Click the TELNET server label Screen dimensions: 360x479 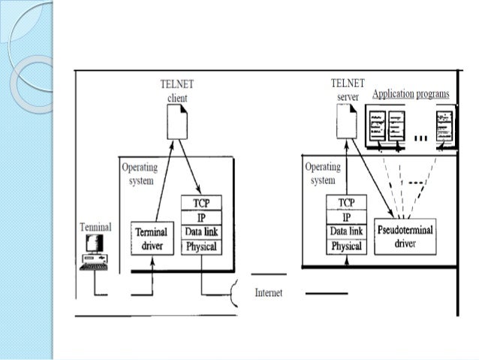346,91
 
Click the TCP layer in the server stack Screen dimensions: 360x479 346,203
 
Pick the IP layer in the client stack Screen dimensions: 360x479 201,216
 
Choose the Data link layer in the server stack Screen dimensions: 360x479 346,231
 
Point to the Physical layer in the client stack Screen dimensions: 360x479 201,246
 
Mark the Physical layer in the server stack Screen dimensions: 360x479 346,246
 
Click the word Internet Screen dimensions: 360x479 269,292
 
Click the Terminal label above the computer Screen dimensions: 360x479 96,226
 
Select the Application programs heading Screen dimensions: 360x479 411,93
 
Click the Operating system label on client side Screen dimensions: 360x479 140,174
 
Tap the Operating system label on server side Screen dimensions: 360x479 322,174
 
